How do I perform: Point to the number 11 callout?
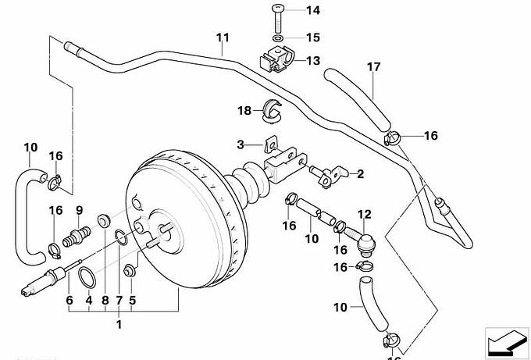(x=223, y=38)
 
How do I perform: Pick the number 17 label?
(x=373, y=67)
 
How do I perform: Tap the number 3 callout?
(x=241, y=144)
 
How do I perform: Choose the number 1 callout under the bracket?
(x=119, y=323)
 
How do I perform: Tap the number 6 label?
(x=69, y=298)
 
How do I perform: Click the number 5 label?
(x=132, y=298)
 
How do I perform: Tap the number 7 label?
(x=119, y=298)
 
